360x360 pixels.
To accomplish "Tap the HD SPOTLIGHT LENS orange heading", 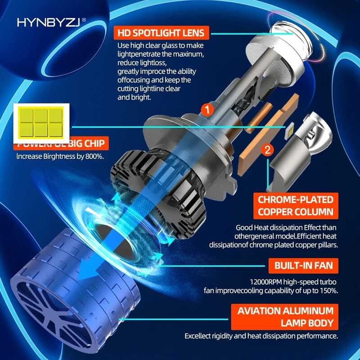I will [161, 33].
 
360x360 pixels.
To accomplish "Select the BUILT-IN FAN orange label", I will [303, 265].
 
